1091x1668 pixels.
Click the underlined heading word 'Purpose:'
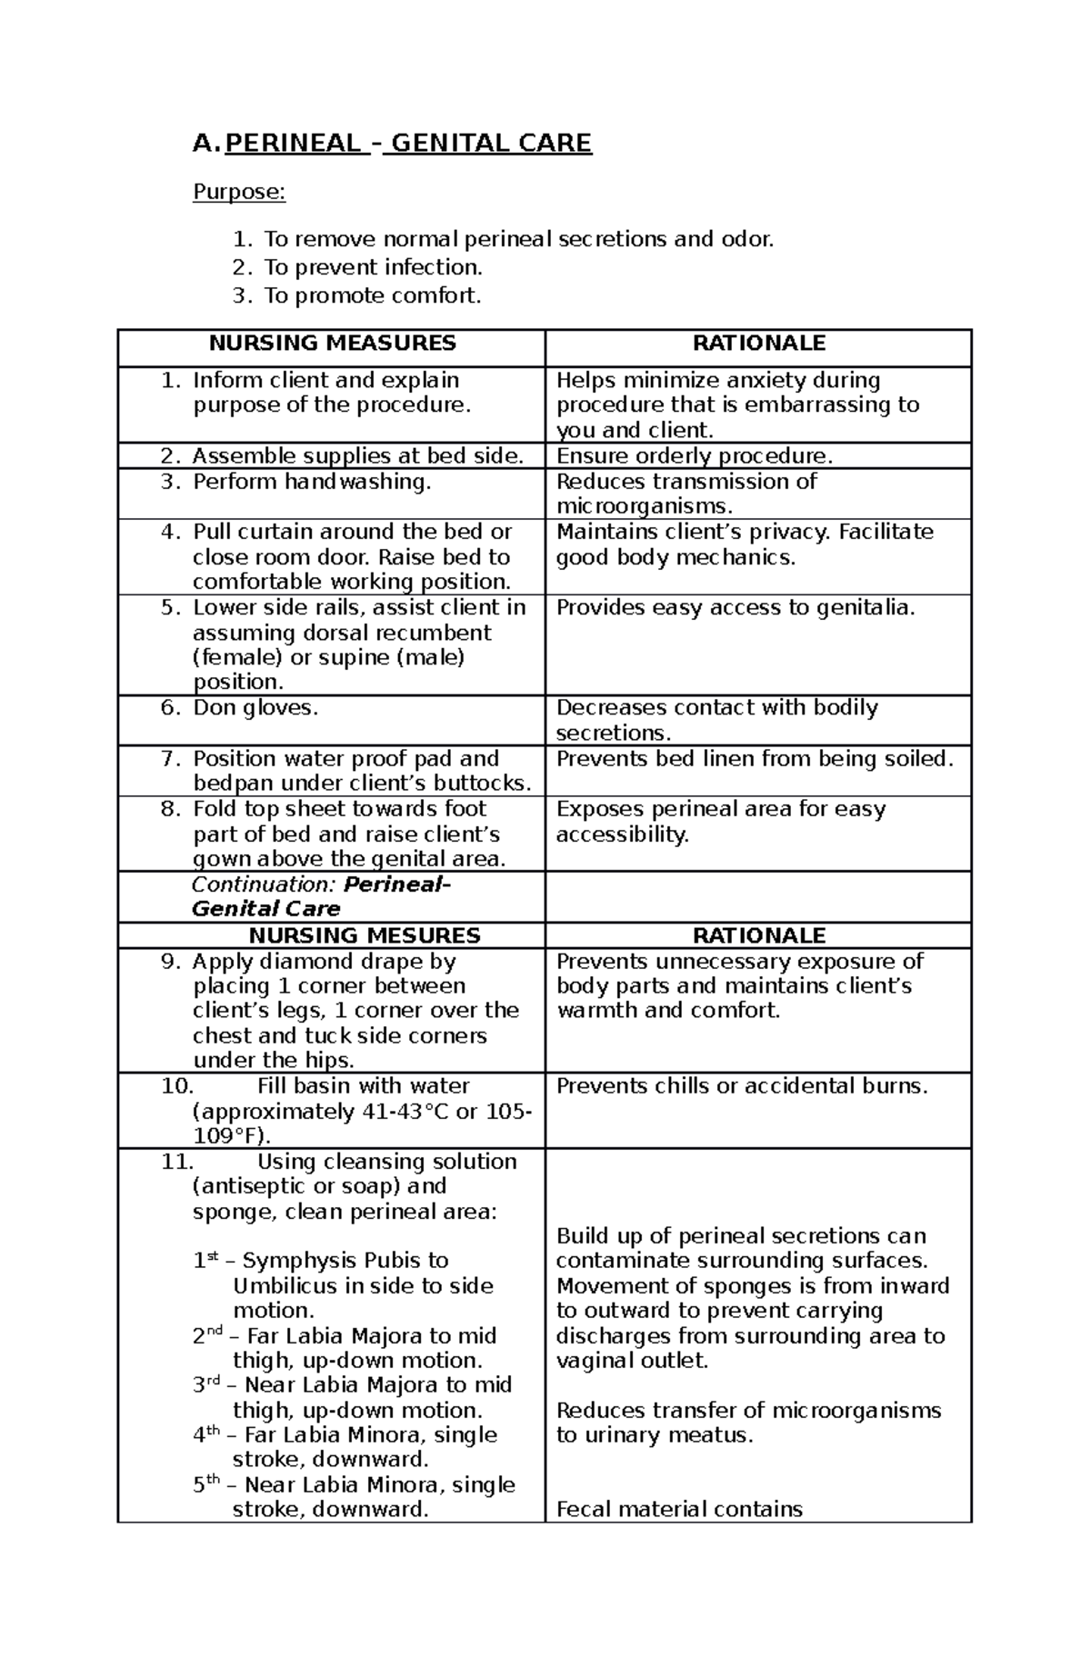click(239, 193)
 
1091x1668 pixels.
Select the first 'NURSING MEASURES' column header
click(332, 344)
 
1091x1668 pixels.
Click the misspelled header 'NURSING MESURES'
click(365, 935)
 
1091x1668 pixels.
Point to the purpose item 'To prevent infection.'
click(373, 267)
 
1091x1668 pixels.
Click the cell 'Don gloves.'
click(255, 708)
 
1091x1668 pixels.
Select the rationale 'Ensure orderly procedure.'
click(695, 456)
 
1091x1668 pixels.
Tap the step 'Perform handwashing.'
click(312, 482)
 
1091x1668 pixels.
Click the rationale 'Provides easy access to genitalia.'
click(736, 607)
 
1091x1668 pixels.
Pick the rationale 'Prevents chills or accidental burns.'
click(742, 1086)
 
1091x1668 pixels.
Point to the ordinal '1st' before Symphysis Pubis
click(205, 1261)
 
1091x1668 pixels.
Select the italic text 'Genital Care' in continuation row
click(265, 909)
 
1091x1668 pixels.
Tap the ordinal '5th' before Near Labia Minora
click(206, 1485)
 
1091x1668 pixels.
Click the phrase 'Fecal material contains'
click(679, 1510)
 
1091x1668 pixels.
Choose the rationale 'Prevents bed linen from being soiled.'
click(755, 759)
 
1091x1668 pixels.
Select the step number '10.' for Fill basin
click(177, 1086)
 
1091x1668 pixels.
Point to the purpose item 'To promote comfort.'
click(372, 295)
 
